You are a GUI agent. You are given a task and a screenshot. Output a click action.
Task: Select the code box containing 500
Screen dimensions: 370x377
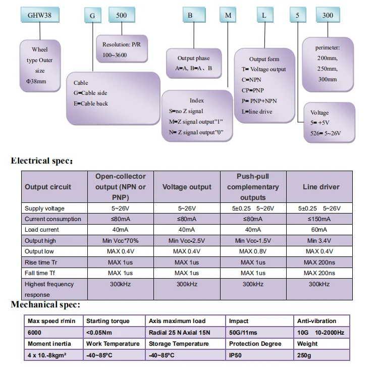(122, 15)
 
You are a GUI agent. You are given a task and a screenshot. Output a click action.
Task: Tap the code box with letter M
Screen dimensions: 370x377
(229, 15)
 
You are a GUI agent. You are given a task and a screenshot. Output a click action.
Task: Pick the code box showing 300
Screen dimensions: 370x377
(328, 15)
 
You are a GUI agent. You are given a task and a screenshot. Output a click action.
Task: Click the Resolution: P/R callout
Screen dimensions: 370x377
(122, 49)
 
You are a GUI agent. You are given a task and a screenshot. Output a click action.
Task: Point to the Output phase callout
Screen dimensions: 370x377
(193, 63)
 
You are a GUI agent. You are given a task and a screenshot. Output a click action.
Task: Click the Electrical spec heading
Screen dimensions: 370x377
(42, 162)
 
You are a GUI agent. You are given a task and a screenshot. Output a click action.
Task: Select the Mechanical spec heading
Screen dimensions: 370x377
(45, 304)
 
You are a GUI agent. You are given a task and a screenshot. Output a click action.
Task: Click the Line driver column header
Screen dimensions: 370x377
(320, 187)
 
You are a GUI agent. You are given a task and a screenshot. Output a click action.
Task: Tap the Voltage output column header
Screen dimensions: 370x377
(187, 187)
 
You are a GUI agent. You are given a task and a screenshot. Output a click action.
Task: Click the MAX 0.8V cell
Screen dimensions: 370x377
(253, 251)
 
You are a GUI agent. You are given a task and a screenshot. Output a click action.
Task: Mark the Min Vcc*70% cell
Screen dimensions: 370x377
(120, 241)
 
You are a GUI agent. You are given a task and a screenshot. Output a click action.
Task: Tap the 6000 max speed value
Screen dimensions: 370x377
(35, 333)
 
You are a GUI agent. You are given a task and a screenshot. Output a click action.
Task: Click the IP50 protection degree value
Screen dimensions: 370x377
(236, 355)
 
